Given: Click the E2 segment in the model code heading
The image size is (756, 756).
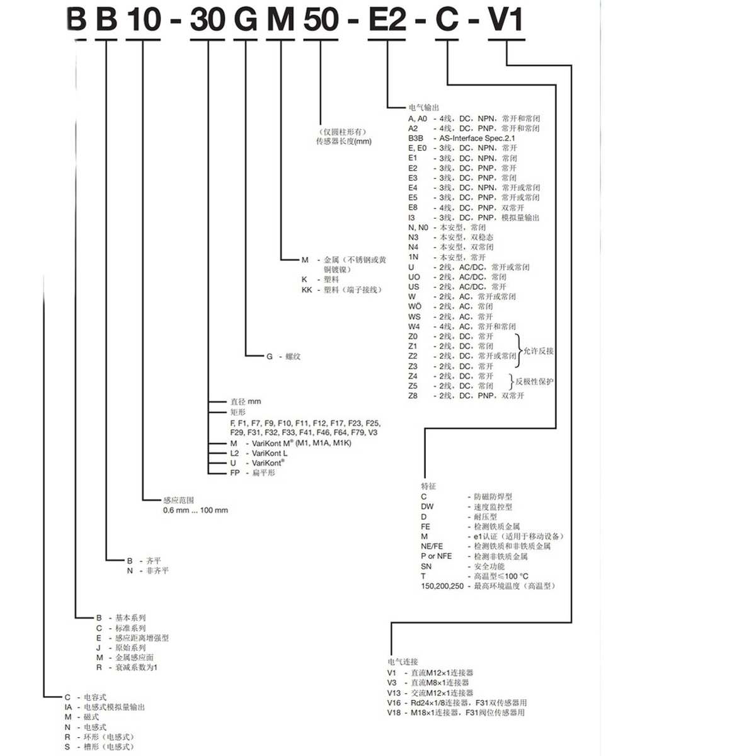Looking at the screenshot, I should coord(387,20).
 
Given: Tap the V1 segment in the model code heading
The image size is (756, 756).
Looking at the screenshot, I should coord(506,20).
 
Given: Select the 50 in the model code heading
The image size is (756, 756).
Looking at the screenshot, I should coord(321,20).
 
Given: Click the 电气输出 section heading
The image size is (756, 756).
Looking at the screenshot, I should coord(423,108).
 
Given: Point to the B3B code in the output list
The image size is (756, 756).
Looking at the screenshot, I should coord(415,138).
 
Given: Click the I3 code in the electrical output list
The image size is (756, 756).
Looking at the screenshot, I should coord(411,217).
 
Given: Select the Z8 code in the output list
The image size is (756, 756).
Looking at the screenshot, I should coord(413,396).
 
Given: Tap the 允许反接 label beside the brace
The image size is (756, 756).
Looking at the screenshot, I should coord(538,351).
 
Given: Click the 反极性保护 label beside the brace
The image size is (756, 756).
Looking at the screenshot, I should coord(534,381).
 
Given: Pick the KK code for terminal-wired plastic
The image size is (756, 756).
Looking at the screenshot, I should coord(307,290).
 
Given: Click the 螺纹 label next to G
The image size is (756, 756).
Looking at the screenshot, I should coord(293,357).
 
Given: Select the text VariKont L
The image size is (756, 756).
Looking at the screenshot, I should coord(270,453).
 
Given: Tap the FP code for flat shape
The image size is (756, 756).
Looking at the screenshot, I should coord(235,472).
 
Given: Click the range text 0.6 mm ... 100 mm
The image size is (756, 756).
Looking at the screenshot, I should coord(195,510).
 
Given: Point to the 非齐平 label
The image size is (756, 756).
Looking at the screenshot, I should coord(157,571).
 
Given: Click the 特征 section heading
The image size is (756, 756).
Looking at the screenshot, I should coord(428,486).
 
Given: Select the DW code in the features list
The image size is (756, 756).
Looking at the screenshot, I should coord(427,507).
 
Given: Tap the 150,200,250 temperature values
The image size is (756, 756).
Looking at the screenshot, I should coord(442,586).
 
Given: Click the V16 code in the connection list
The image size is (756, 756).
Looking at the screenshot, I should coord(394,702).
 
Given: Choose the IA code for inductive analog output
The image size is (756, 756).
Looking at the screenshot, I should coord(69,707).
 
